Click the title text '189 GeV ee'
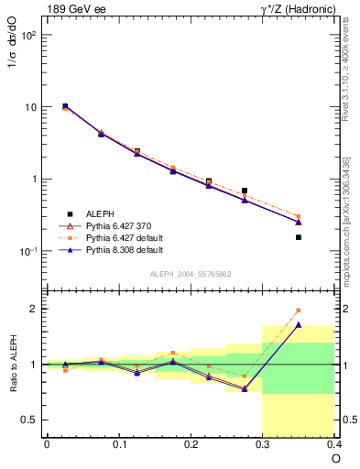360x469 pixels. coord(71,9)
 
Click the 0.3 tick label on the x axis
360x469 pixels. coord(263,444)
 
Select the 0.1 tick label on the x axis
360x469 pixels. coord(118,444)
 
